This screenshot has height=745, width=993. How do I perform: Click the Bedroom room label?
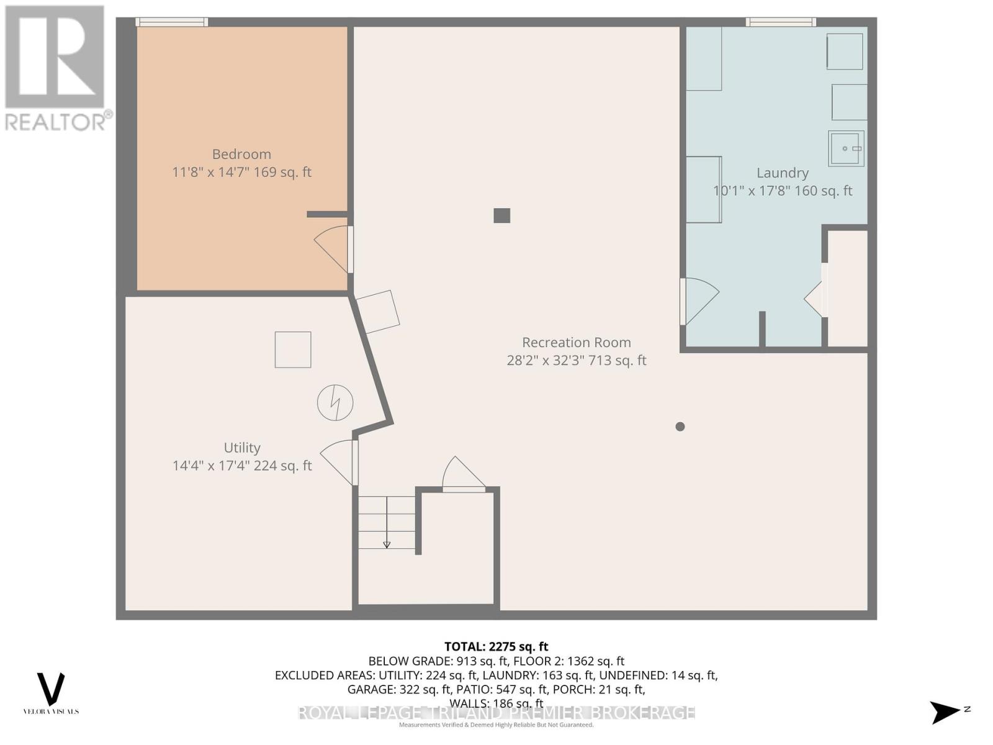241,154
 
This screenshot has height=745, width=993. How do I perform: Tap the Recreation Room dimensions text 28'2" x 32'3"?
576,360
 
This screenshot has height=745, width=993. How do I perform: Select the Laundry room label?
782,173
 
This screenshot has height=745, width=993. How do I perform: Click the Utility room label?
241,448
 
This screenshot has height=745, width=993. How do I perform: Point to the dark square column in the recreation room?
501,215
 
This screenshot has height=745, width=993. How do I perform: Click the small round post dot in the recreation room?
680,427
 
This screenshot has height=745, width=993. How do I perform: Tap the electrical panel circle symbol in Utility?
335,403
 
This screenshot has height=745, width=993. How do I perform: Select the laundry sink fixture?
845,148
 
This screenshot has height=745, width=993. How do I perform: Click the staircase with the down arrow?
387,522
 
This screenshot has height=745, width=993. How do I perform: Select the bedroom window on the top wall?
172,22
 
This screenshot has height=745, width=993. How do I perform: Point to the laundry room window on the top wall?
781,22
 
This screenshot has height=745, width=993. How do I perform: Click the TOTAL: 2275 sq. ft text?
496,646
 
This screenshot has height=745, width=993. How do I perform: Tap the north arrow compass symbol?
947,711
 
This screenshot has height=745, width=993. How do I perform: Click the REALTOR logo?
56,68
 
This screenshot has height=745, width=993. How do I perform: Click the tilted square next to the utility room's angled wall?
378,312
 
